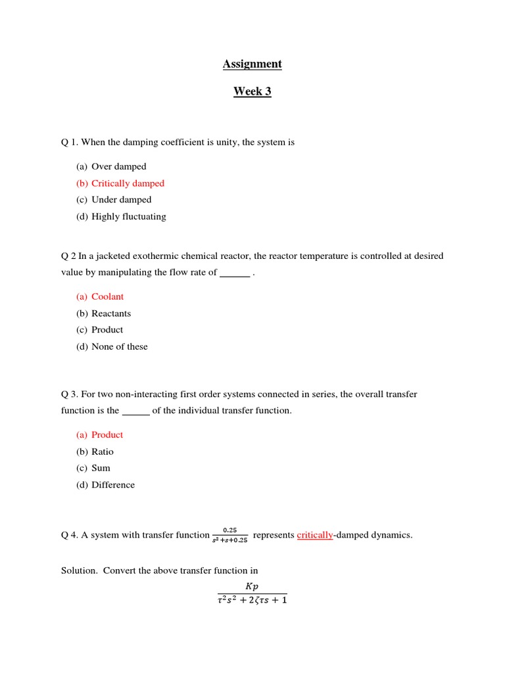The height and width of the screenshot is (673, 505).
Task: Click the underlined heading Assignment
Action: coord(252,64)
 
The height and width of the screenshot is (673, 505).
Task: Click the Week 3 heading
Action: coord(252,91)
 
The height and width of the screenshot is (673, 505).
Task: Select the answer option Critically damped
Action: coord(128,183)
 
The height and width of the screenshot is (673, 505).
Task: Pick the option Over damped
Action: coord(118,166)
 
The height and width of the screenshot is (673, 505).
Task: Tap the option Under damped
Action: coord(121,200)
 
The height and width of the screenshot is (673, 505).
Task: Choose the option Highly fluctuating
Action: coord(128,216)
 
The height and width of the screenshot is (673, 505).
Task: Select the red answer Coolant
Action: coord(107,296)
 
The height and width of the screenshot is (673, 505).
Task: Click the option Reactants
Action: coord(111,313)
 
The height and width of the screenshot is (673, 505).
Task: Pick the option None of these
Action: coord(119,346)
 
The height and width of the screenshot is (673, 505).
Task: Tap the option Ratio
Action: coord(103,452)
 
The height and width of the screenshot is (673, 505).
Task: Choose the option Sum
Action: coord(101,468)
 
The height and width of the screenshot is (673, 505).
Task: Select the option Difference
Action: coord(113,485)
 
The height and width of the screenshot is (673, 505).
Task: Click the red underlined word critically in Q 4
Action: coord(315,535)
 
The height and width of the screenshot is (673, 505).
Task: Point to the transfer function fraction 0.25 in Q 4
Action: coord(229,535)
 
